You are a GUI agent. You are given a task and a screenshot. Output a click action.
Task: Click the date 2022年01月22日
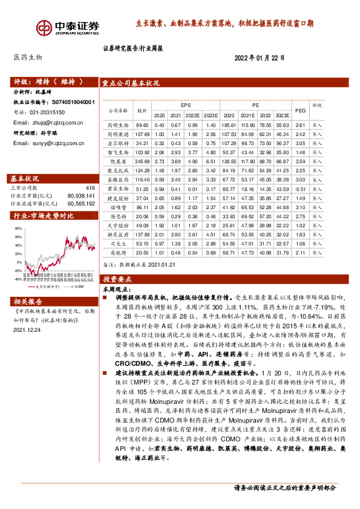pos(259,57)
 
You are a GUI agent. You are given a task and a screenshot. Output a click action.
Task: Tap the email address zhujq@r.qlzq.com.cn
pos(48,123)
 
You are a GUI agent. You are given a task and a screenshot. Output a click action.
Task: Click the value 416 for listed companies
pos(91,189)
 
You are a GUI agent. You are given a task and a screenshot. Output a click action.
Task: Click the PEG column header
pos(299,109)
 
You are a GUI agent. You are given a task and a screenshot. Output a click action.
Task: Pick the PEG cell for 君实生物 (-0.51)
pos(299,189)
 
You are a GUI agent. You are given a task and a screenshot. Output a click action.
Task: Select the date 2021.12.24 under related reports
pos(25,330)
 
